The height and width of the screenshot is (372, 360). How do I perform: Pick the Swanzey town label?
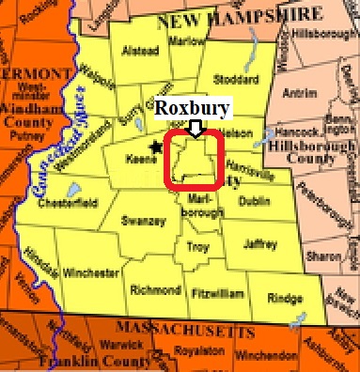pyautogui.click(x=143, y=222)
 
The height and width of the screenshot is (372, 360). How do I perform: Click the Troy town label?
pyautogui.click(x=197, y=247)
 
